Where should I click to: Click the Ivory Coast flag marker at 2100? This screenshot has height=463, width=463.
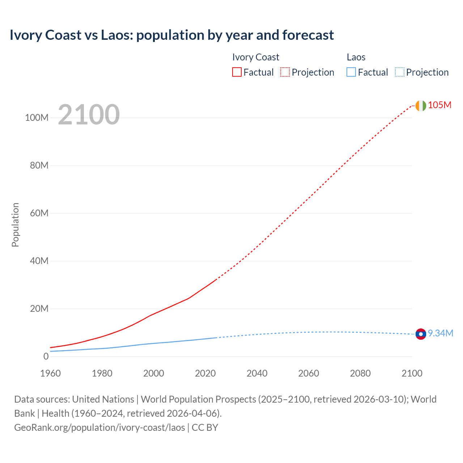click(x=421, y=106)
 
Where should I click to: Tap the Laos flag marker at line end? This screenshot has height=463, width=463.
click(x=421, y=334)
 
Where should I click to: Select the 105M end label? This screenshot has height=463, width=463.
click(x=439, y=105)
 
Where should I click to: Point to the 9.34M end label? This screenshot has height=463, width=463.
click(x=440, y=334)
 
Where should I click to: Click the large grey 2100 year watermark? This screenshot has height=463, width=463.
click(x=89, y=115)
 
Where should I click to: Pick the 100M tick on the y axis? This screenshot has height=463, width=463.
click(x=37, y=118)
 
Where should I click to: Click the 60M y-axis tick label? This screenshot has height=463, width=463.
click(x=39, y=213)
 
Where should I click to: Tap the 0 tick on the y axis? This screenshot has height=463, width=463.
click(x=46, y=357)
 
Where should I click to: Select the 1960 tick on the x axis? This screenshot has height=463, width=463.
click(x=50, y=373)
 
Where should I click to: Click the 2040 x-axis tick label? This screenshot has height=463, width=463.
click(x=257, y=373)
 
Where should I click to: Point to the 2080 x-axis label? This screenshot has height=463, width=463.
click(x=360, y=373)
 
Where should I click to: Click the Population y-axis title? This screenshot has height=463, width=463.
click(x=15, y=225)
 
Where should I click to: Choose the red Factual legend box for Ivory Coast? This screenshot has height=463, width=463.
click(x=237, y=72)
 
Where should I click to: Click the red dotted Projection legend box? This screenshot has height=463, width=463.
click(x=285, y=72)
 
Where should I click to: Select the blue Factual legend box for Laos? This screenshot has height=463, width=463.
click(x=351, y=72)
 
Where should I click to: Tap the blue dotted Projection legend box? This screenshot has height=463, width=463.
click(x=399, y=72)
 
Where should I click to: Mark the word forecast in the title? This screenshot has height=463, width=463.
click(x=308, y=35)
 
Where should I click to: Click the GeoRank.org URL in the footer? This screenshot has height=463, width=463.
click(x=99, y=428)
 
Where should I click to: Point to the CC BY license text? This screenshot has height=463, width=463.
click(x=205, y=428)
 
